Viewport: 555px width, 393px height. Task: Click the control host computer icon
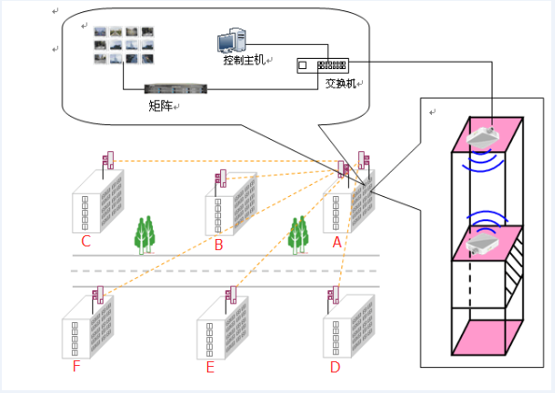click(231, 40)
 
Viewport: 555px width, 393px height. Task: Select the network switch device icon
click(323, 65)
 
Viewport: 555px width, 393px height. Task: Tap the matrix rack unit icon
click(175, 89)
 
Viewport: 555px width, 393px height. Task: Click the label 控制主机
click(244, 60)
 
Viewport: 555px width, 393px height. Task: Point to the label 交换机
click(340, 84)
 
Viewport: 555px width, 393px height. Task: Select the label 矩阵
click(160, 105)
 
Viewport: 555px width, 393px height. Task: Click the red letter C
click(86, 242)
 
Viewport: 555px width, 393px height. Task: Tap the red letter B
click(219, 245)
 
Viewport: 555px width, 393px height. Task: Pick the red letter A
click(337, 243)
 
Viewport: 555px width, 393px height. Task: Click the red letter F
click(76, 366)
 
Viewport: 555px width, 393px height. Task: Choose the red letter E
click(210, 367)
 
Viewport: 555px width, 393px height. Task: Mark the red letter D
click(335, 367)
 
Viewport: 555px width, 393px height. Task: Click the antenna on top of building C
click(108, 161)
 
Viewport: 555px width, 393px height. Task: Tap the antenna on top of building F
click(98, 295)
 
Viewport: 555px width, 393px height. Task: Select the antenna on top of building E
click(231, 295)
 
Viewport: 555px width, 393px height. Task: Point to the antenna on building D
click(333, 295)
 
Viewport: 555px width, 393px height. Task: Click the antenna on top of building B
click(221, 178)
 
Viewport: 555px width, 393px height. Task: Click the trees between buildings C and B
click(145, 235)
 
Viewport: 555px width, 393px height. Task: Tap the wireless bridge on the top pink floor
click(482, 137)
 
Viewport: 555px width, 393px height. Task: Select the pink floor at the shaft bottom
click(487, 337)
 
